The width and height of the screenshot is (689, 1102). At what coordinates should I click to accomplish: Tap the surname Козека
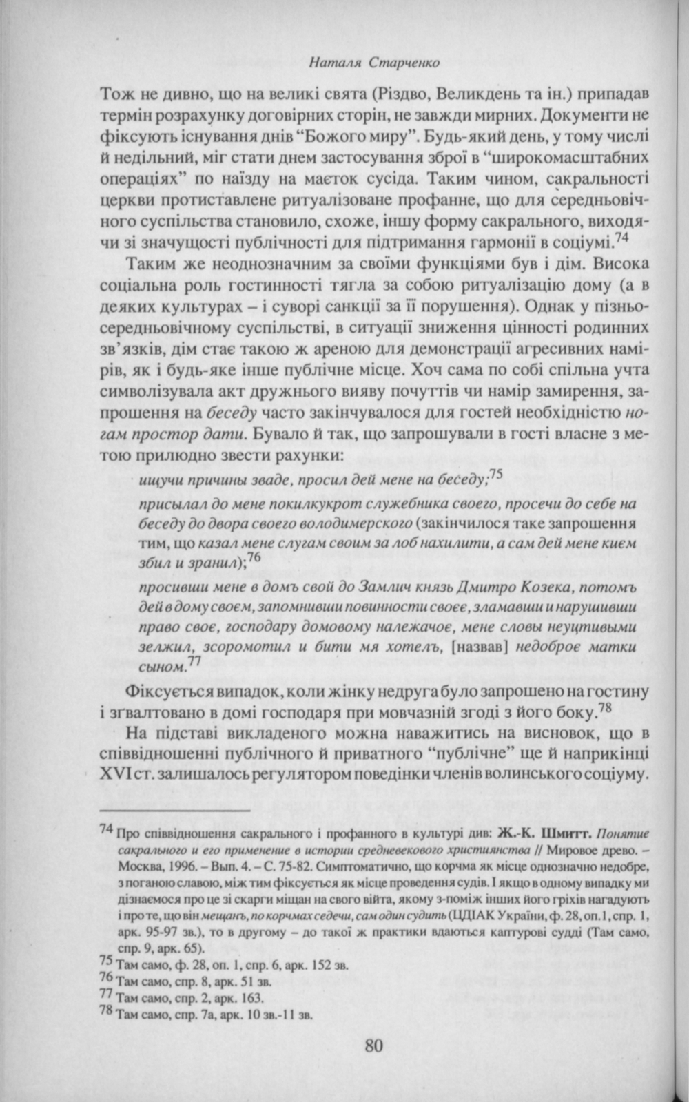click(x=547, y=586)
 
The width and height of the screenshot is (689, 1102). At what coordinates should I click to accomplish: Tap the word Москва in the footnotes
click(x=139, y=865)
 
